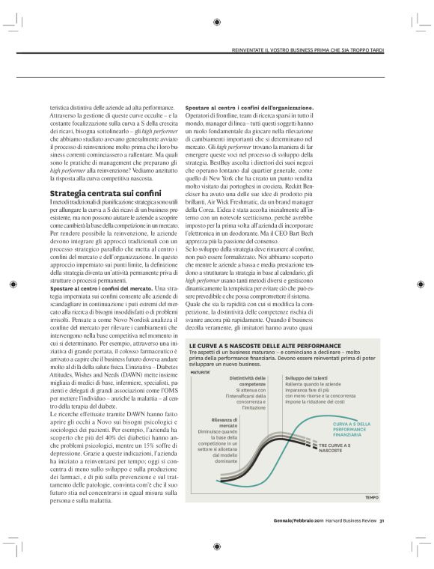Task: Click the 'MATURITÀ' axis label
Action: (x=200, y=371)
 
